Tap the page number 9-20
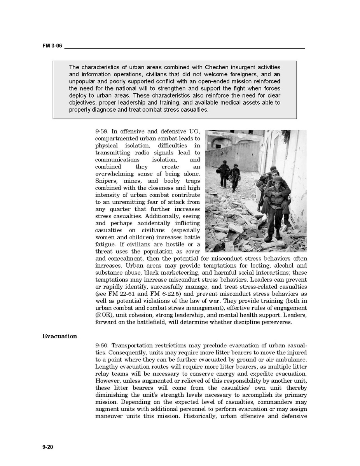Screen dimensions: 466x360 [x=48, y=447]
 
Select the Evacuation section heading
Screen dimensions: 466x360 [x=60, y=336]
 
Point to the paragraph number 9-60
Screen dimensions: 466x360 [x=102, y=345]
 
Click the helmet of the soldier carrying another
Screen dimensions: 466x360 [x=277, y=179]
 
